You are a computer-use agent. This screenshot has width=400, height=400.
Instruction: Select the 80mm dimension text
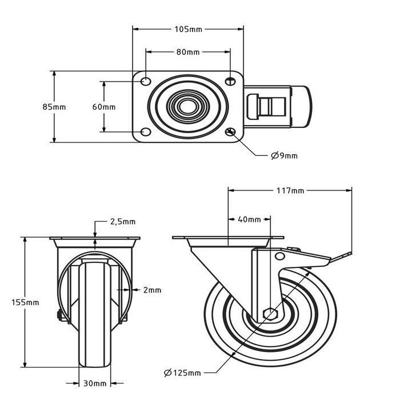tap(188, 52)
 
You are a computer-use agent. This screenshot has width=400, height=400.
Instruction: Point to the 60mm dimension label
tap(104, 107)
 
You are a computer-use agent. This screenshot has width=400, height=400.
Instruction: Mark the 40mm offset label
tap(249, 219)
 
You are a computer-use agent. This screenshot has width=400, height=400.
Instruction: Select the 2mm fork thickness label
tap(152, 290)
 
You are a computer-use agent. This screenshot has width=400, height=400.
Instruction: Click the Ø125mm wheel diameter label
tap(182, 373)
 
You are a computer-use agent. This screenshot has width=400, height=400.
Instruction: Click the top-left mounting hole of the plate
tap(145, 81)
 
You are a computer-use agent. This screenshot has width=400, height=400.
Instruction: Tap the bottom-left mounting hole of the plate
tap(145, 133)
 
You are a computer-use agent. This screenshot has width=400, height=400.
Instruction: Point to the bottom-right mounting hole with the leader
tap(231, 133)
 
